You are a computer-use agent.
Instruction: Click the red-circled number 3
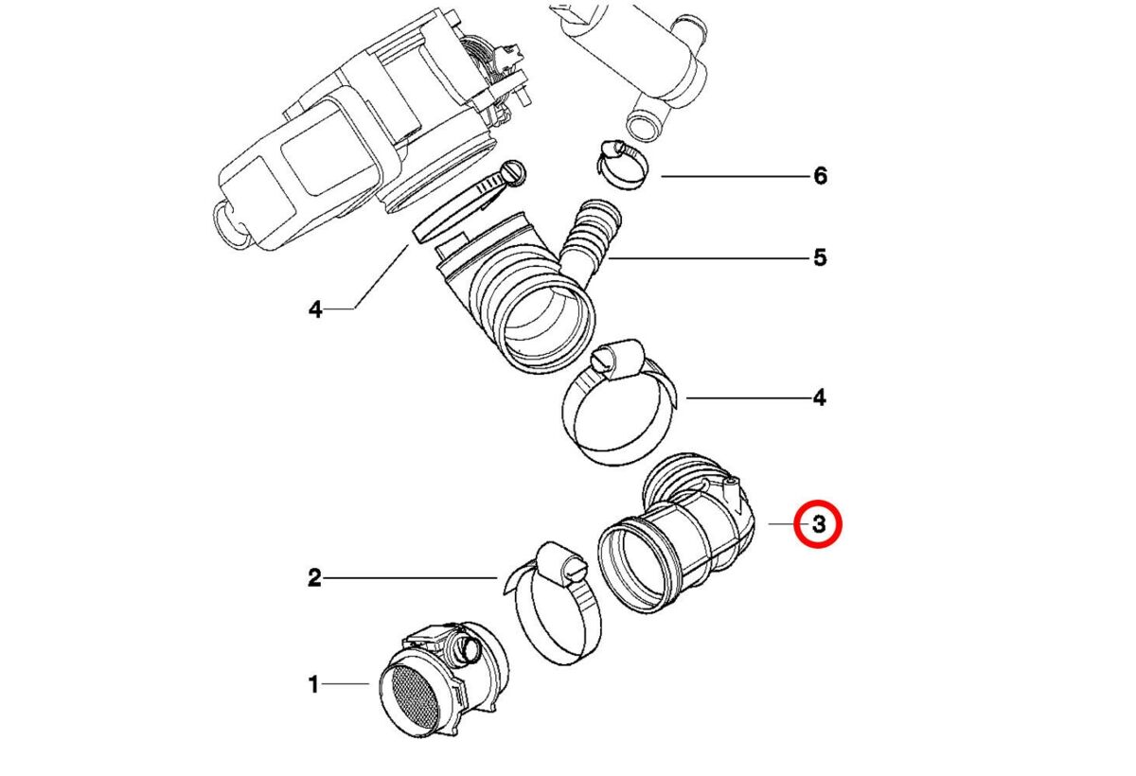(816, 523)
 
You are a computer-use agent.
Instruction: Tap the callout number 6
(820, 176)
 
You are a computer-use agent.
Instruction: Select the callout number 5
(820, 257)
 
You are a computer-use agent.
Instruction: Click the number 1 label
(313, 684)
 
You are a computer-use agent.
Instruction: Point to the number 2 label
(314, 576)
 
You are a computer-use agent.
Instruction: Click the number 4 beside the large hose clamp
(820, 397)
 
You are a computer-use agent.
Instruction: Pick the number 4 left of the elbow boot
(314, 309)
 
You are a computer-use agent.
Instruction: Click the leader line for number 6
(729, 177)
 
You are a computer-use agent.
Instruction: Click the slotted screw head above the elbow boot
(515, 171)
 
